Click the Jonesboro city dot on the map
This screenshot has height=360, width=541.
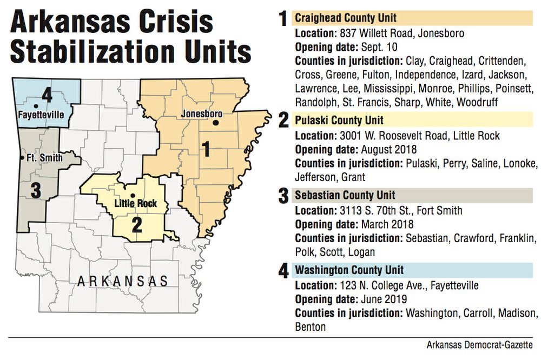(216, 123)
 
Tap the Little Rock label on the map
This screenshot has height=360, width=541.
(136, 204)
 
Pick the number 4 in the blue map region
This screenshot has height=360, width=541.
(47, 97)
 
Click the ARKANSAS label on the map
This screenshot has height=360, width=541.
(122, 281)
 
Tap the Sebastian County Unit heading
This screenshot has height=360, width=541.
(345, 195)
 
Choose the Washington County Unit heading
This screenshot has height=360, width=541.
(349, 270)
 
